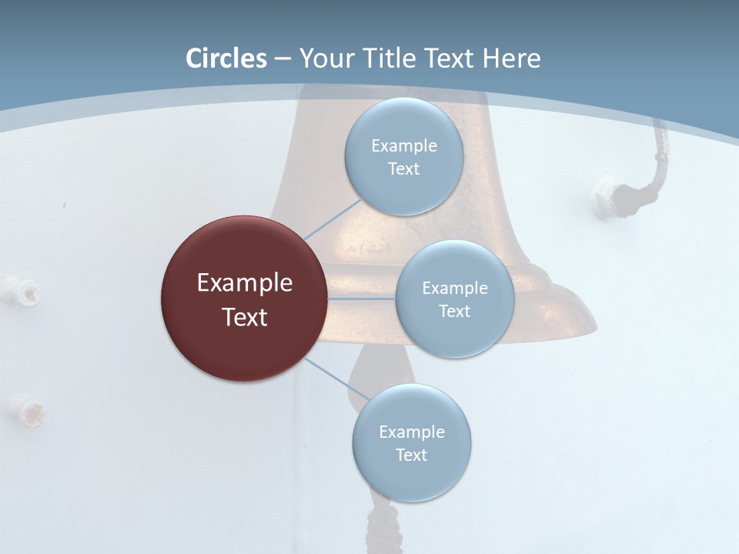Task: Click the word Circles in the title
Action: click(x=226, y=58)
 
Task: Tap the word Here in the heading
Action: click(x=511, y=58)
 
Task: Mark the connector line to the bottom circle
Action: click(x=336, y=379)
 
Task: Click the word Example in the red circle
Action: click(x=244, y=283)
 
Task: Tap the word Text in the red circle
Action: click(x=244, y=317)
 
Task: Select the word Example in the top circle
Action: click(x=403, y=146)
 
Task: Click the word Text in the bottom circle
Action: click(x=411, y=455)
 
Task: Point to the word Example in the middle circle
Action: click(x=454, y=289)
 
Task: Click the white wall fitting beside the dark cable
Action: click(x=606, y=196)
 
